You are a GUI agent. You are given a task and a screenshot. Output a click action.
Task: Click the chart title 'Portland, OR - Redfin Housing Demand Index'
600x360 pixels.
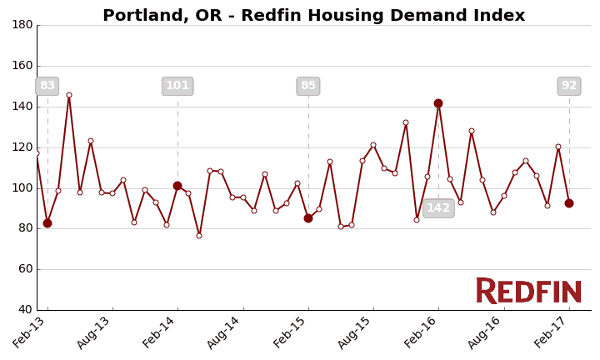point(313,16)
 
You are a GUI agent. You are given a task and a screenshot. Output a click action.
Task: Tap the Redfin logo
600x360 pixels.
point(528,292)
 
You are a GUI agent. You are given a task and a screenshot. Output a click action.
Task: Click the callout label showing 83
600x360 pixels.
point(47,86)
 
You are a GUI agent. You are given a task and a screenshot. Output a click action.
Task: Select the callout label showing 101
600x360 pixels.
point(177,86)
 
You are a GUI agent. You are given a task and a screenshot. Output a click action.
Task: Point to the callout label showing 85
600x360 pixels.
point(308,86)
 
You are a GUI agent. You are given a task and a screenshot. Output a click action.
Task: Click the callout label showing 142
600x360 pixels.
point(438,208)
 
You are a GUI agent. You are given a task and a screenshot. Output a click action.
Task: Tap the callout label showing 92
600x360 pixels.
point(569,86)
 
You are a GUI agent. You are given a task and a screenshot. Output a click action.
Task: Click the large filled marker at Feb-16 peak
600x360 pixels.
point(438,103)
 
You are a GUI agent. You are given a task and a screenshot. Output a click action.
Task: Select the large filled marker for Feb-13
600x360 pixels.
point(47,223)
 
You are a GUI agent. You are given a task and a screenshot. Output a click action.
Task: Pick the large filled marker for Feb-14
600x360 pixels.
point(177,186)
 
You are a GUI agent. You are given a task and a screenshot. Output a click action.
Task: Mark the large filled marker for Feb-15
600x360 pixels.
point(308,218)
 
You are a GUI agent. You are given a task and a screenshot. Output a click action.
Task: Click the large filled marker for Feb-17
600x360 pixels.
point(569,203)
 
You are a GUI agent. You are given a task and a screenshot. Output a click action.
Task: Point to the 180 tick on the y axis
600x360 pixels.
point(22,25)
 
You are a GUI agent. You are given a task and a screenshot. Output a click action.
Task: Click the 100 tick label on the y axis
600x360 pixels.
point(22,187)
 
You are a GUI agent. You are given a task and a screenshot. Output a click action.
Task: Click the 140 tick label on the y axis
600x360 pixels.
point(22,107)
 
